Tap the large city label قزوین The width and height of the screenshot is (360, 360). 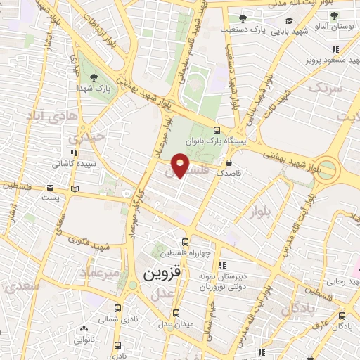(162, 272)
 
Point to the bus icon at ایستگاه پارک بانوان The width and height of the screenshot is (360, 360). (217, 130)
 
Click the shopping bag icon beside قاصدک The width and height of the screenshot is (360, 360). (229, 162)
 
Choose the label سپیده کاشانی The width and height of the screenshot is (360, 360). (69, 163)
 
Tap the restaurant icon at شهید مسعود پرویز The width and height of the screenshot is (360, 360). (336, 49)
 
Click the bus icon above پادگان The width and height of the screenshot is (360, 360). (342, 316)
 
